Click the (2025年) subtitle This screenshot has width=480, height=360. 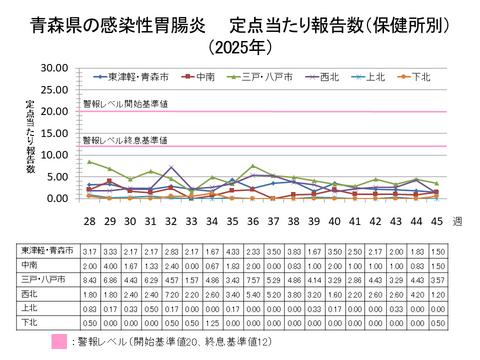point(239,46)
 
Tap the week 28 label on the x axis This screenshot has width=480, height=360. point(91,220)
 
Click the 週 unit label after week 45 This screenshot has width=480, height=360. point(456,220)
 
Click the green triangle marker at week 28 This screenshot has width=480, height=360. point(91,161)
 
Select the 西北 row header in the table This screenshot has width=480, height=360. point(30,295)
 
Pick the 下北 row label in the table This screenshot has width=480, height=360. point(30,323)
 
